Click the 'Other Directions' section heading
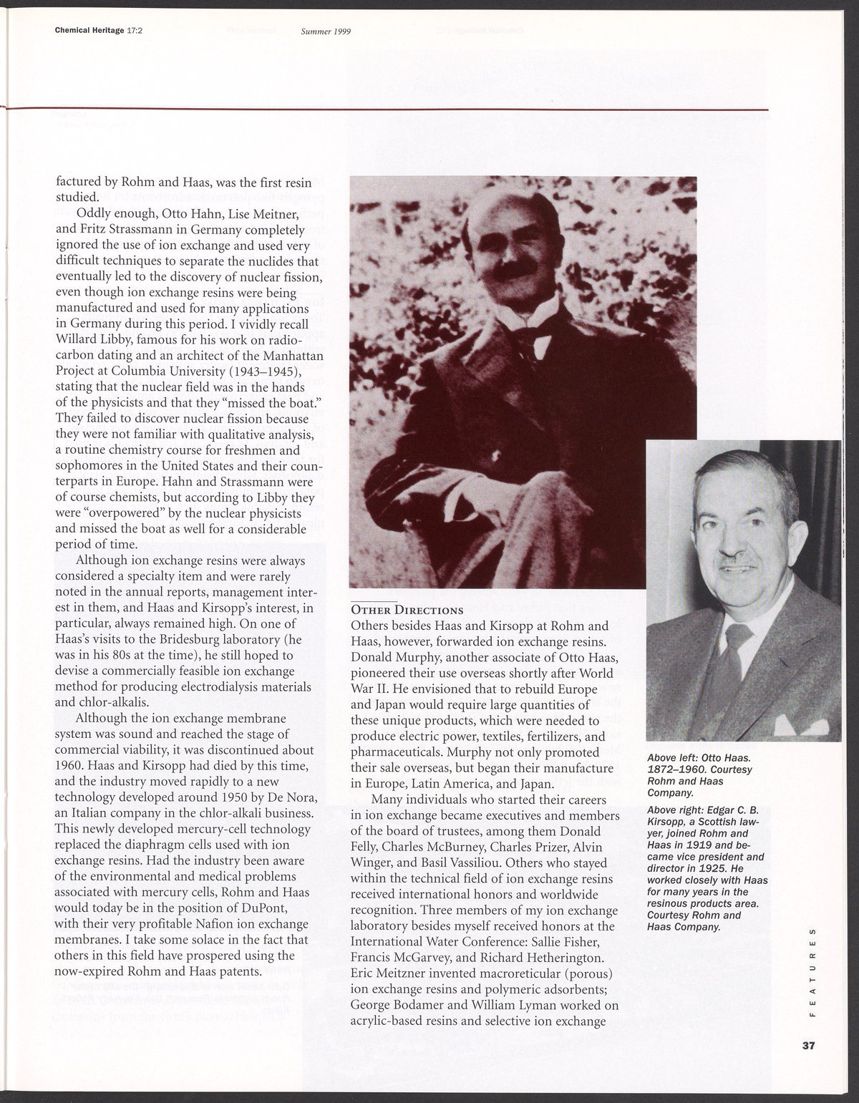(405, 610)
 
